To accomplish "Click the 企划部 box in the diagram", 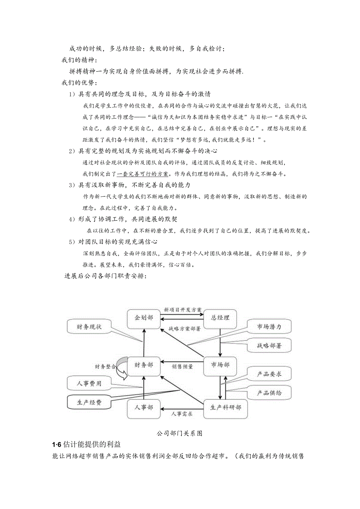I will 144,318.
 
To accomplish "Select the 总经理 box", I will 220,318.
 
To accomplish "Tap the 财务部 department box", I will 144,365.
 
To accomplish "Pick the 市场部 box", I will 220,365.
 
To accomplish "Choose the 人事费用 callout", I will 89,383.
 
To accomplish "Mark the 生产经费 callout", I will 89,402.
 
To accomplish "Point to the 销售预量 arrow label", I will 182,367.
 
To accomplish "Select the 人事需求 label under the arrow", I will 182,413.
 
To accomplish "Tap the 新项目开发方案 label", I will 183,310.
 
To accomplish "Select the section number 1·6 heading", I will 57,445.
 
